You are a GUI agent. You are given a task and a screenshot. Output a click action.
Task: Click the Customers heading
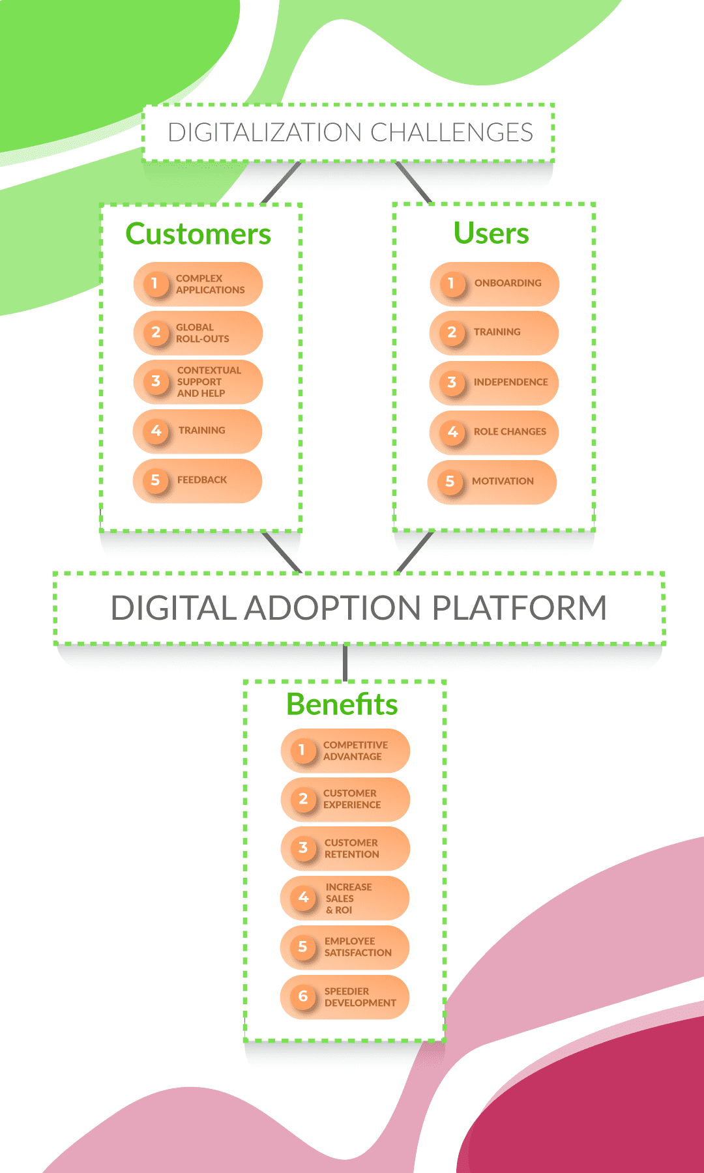point(198,234)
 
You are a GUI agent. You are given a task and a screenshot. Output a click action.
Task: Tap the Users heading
point(491,233)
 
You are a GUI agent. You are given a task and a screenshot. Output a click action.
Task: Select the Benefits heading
point(342,704)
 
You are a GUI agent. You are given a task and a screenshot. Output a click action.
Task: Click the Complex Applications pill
point(198,284)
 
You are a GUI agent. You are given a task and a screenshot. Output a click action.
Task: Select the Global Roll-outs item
point(198,333)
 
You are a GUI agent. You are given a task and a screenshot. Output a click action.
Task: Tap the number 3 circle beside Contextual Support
point(156,381)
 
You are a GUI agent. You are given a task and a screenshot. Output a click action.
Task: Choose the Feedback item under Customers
point(198,481)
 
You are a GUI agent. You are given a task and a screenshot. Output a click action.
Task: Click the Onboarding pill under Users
point(495,284)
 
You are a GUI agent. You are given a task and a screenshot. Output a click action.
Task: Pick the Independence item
point(494,383)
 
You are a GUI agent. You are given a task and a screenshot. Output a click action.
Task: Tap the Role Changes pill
point(494,432)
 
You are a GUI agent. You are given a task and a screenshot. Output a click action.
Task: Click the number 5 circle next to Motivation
point(450,482)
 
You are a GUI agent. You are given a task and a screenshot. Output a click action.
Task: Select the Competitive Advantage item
point(345,751)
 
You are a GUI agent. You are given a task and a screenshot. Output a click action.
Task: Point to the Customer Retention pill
point(345,848)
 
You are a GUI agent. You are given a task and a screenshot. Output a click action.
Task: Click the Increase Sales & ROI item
point(345,898)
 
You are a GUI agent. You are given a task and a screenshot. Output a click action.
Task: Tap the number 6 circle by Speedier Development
point(303,996)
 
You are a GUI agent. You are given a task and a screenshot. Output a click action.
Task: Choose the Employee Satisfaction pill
point(345,948)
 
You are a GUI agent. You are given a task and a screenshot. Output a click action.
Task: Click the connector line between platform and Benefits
point(345,663)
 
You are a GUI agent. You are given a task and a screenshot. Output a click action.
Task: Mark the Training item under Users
point(494,333)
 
